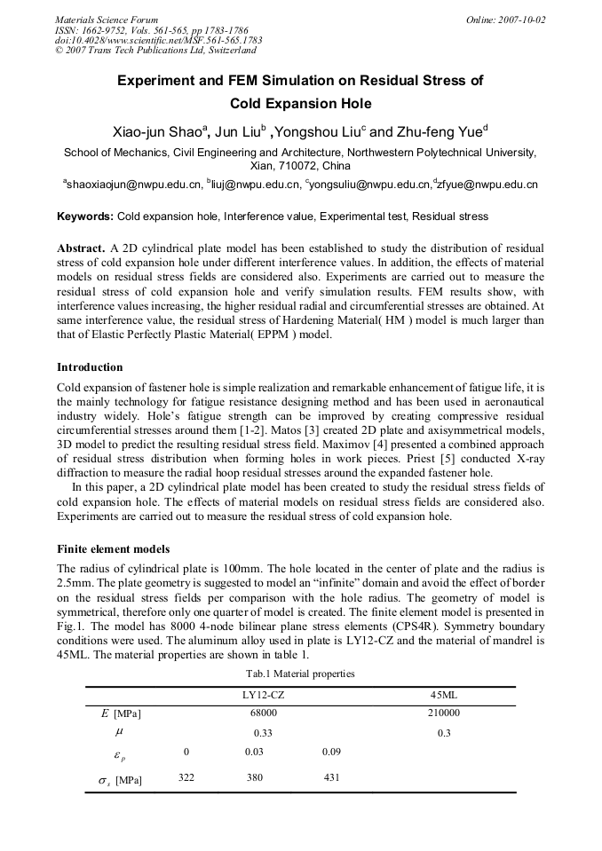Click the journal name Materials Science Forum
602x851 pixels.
tap(107, 20)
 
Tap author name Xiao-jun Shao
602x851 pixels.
tap(157, 132)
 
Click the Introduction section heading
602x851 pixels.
tap(90, 367)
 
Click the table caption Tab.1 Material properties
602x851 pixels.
tap(300, 674)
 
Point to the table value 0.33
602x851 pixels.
tap(263, 733)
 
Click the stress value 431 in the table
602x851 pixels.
tap(333, 778)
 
